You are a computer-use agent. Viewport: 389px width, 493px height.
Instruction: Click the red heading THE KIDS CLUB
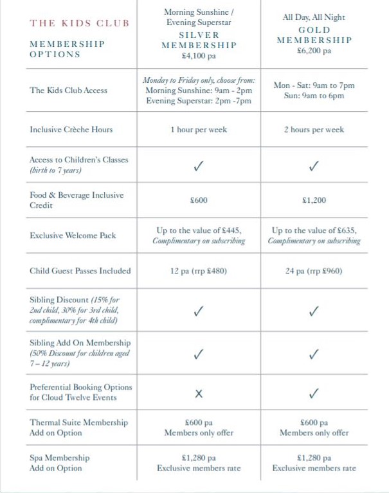tap(79, 23)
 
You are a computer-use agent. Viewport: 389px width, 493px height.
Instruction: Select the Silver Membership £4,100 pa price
tap(199, 56)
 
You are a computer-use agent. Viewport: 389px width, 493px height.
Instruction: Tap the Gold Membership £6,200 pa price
tap(314, 51)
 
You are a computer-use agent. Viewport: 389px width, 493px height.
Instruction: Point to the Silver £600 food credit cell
tap(199, 200)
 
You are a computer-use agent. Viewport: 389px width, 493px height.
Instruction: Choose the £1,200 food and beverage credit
tap(314, 200)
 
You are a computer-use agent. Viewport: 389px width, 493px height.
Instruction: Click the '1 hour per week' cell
tap(199, 130)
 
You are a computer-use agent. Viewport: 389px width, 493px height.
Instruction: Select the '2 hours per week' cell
tap(314, 130)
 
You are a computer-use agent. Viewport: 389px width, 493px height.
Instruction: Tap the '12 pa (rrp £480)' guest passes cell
tap(199, 271)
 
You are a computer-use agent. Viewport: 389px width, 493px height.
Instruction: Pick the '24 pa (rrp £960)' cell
tap(314, 271)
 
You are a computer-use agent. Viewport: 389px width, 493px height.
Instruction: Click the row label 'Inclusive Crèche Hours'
tap(71, 130)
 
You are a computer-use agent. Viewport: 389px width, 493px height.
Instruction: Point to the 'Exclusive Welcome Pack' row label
tap(73, 236)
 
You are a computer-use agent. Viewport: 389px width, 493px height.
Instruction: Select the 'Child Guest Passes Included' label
tap(80, 271)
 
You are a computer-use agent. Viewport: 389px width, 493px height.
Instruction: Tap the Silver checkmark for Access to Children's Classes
tap(199, 166)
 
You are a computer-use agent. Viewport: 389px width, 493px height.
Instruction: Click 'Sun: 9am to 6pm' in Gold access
tap(314, 96)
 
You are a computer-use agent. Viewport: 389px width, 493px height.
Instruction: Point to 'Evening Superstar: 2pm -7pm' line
tap(199, 101)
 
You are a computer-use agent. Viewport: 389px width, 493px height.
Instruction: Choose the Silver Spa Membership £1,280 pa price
tap(199, 458)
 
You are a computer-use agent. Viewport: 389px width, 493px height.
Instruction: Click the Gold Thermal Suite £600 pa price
tap(314, 422)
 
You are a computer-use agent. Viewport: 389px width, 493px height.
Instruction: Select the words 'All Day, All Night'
tap(314, 18)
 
